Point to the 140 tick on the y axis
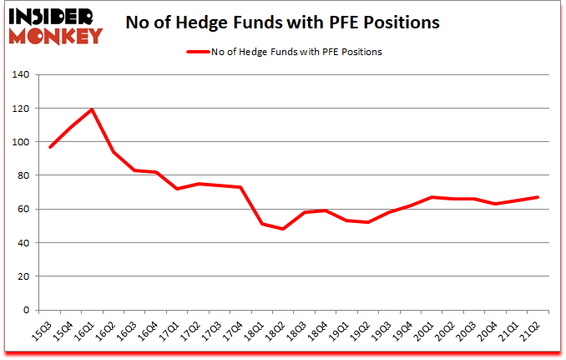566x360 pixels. coord(20,75)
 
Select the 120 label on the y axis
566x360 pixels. coord(20,109)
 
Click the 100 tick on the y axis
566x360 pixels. coord(20,142)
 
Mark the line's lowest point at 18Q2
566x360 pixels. coord(283,229)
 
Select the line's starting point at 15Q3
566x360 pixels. coord(51,147)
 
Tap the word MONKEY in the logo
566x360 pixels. coord(55,36)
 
